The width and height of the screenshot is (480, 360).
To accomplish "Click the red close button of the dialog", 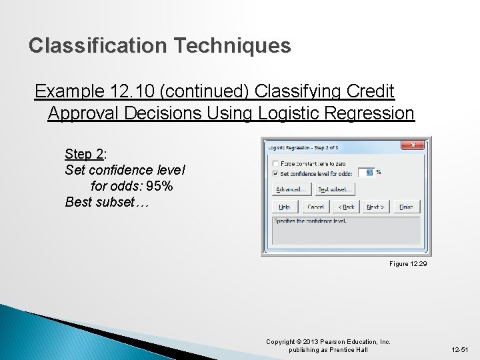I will coord(413,145).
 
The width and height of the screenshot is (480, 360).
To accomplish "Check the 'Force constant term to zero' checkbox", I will coord(275,163).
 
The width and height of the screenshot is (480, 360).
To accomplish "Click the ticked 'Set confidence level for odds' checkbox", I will coord(275,173).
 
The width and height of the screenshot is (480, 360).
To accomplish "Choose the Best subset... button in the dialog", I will coord(334,189).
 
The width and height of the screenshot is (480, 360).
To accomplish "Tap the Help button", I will coord(285,207).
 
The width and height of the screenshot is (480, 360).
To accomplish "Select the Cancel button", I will coord(315,207).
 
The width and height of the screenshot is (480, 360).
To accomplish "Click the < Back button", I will coord(345,207).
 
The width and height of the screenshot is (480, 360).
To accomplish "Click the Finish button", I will coord(406,207).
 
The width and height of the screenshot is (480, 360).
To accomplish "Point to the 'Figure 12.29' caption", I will coord(408,264).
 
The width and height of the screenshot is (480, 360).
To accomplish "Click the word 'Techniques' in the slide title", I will coord(232,45).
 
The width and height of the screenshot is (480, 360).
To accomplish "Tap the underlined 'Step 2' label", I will coord(83,154).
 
